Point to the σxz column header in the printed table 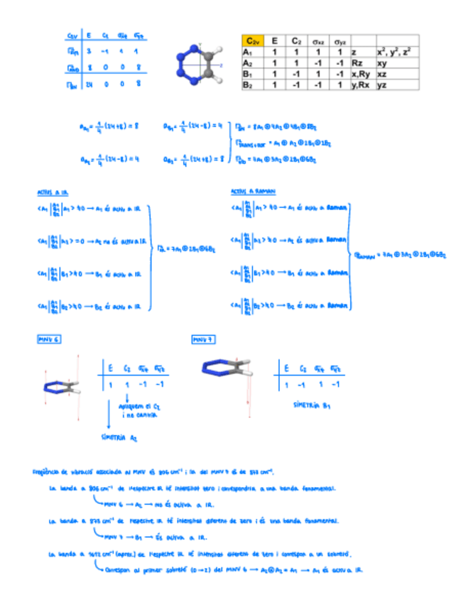pos(317,42)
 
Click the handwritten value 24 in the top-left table pos(90,84)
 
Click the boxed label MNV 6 pos(49,340)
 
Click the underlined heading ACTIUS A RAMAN pos(254,192)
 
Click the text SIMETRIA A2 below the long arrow pos(119,437)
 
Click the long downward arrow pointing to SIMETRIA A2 pos(106,415)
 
